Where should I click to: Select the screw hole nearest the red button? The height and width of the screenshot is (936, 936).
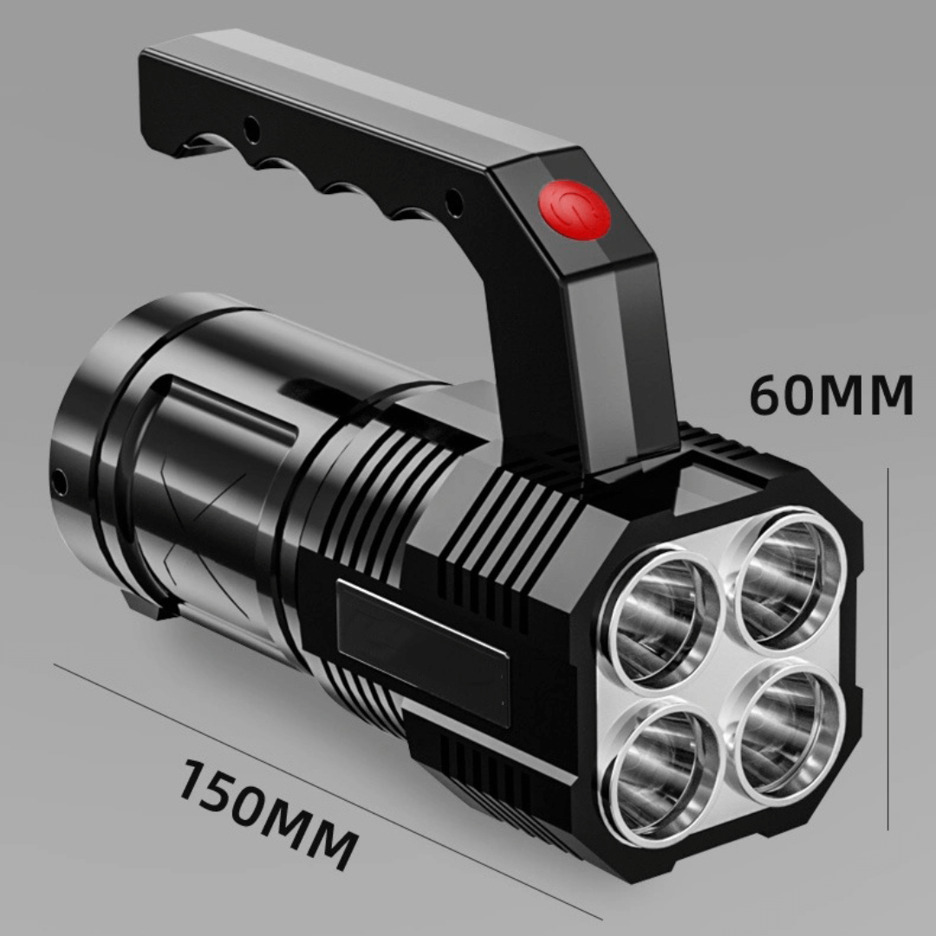(x=452, y=202)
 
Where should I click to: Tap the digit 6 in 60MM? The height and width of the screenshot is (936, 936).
(x=768, y=396)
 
